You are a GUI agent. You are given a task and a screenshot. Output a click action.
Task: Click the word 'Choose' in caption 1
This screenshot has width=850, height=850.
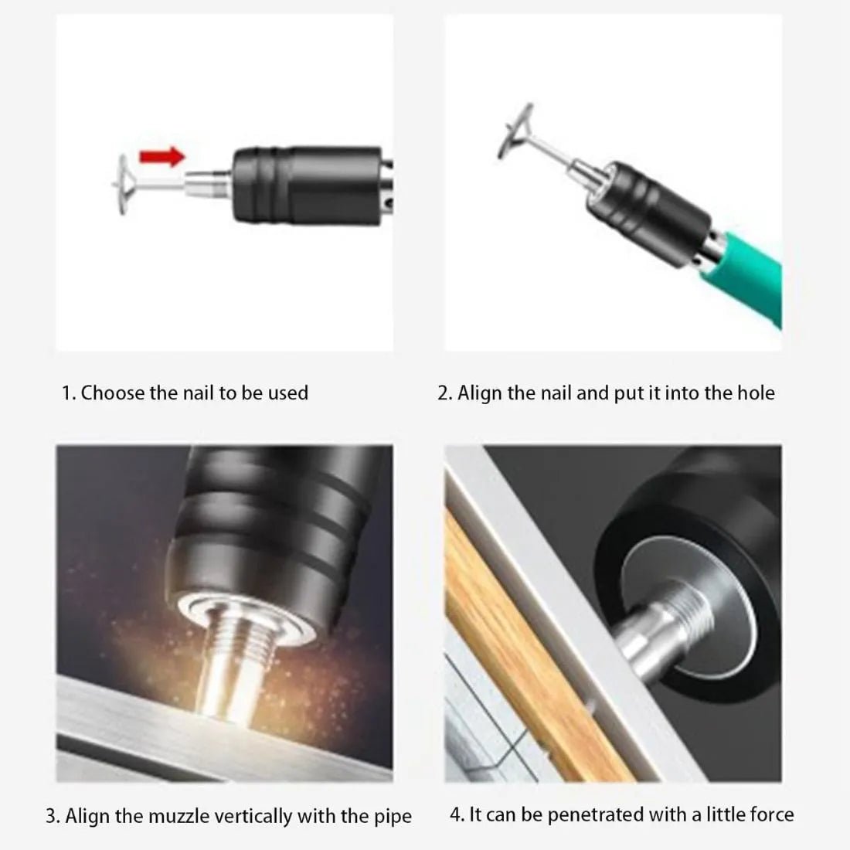point(114,393)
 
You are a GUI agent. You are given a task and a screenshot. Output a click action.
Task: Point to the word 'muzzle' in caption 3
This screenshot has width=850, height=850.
point(149,816)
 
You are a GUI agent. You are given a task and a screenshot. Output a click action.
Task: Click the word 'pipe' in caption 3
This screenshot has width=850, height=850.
point(392,817)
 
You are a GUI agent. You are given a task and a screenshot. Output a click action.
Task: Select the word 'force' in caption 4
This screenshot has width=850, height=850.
point(770,814)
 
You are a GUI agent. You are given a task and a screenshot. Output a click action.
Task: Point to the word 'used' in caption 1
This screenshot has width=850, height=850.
point(287,393)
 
